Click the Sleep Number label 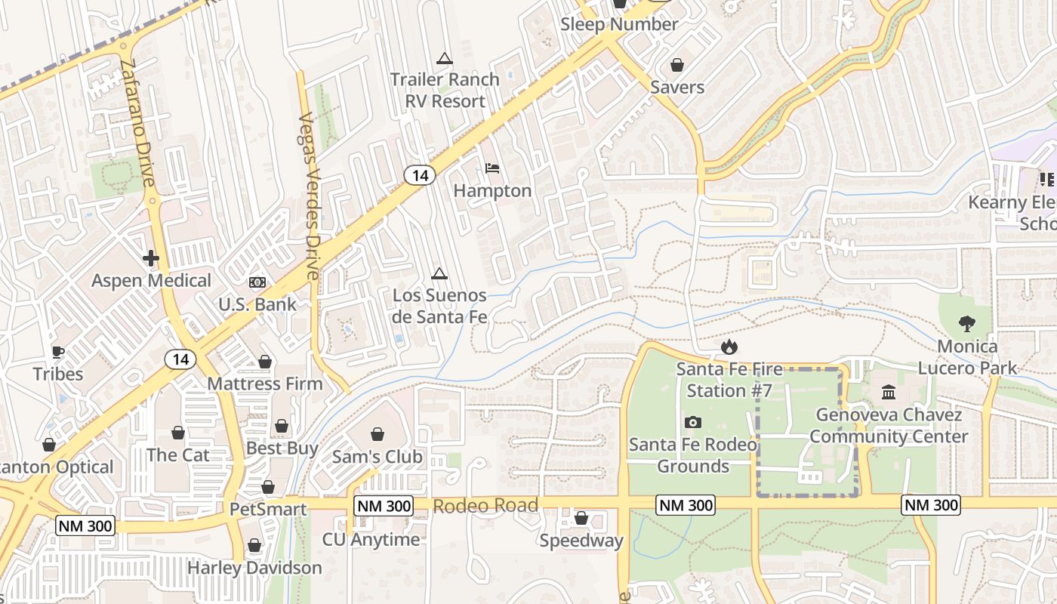click(x=619, y=24)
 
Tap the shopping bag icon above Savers click(x=677, y=65)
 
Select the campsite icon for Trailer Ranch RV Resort click(x=444, y=58)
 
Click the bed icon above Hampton click(x=492, y=168)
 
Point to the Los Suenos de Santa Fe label click(x=439, y=306)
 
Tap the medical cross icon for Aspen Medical click(x=151, y=259)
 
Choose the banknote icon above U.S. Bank click(x=257, y=282)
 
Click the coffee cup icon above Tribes click(x=58, y=352)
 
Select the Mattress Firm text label click(x=265, y=384)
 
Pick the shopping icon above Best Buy click(x=282, y=427)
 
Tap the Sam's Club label click(x=377, y=457)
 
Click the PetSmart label click(x=269, y=510)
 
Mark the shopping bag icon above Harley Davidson click(x=254, y=545)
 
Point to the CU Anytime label click(x=371, y=540)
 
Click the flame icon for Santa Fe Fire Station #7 click(x=729, y=347)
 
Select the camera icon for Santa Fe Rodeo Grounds click(x=692, y=422)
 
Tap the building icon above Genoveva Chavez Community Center click(x=889, y=393)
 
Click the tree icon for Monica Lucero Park click(x=966, y=324)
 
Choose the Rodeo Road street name click(x=485, y=505)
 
